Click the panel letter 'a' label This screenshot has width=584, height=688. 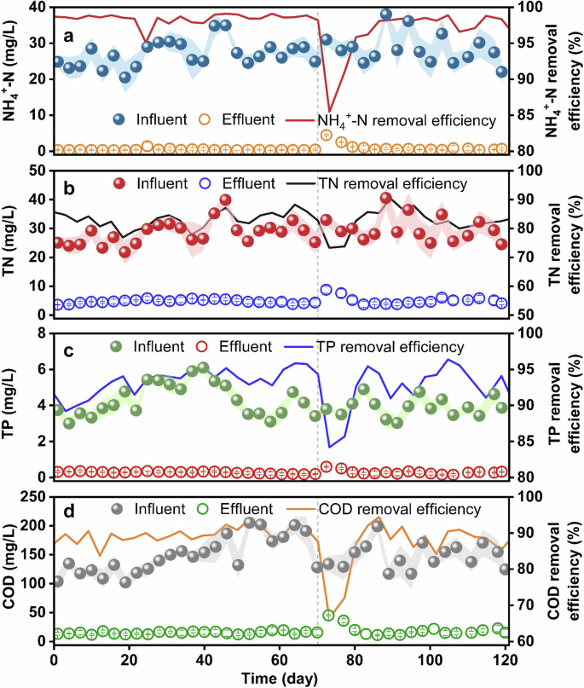[x=71, y=37]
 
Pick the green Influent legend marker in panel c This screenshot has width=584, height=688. [x=118, y=347]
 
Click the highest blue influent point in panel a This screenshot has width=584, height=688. [x=386, y=14]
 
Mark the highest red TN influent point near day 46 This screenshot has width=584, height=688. [x=225, y=200]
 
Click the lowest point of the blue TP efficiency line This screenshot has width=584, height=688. [x=330, y=447]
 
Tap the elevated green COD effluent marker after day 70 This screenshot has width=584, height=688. [x=328, y=616]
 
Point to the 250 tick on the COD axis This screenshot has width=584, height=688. [x=32, y=497]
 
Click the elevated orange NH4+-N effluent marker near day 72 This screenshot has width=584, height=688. [x=326, y=136]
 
